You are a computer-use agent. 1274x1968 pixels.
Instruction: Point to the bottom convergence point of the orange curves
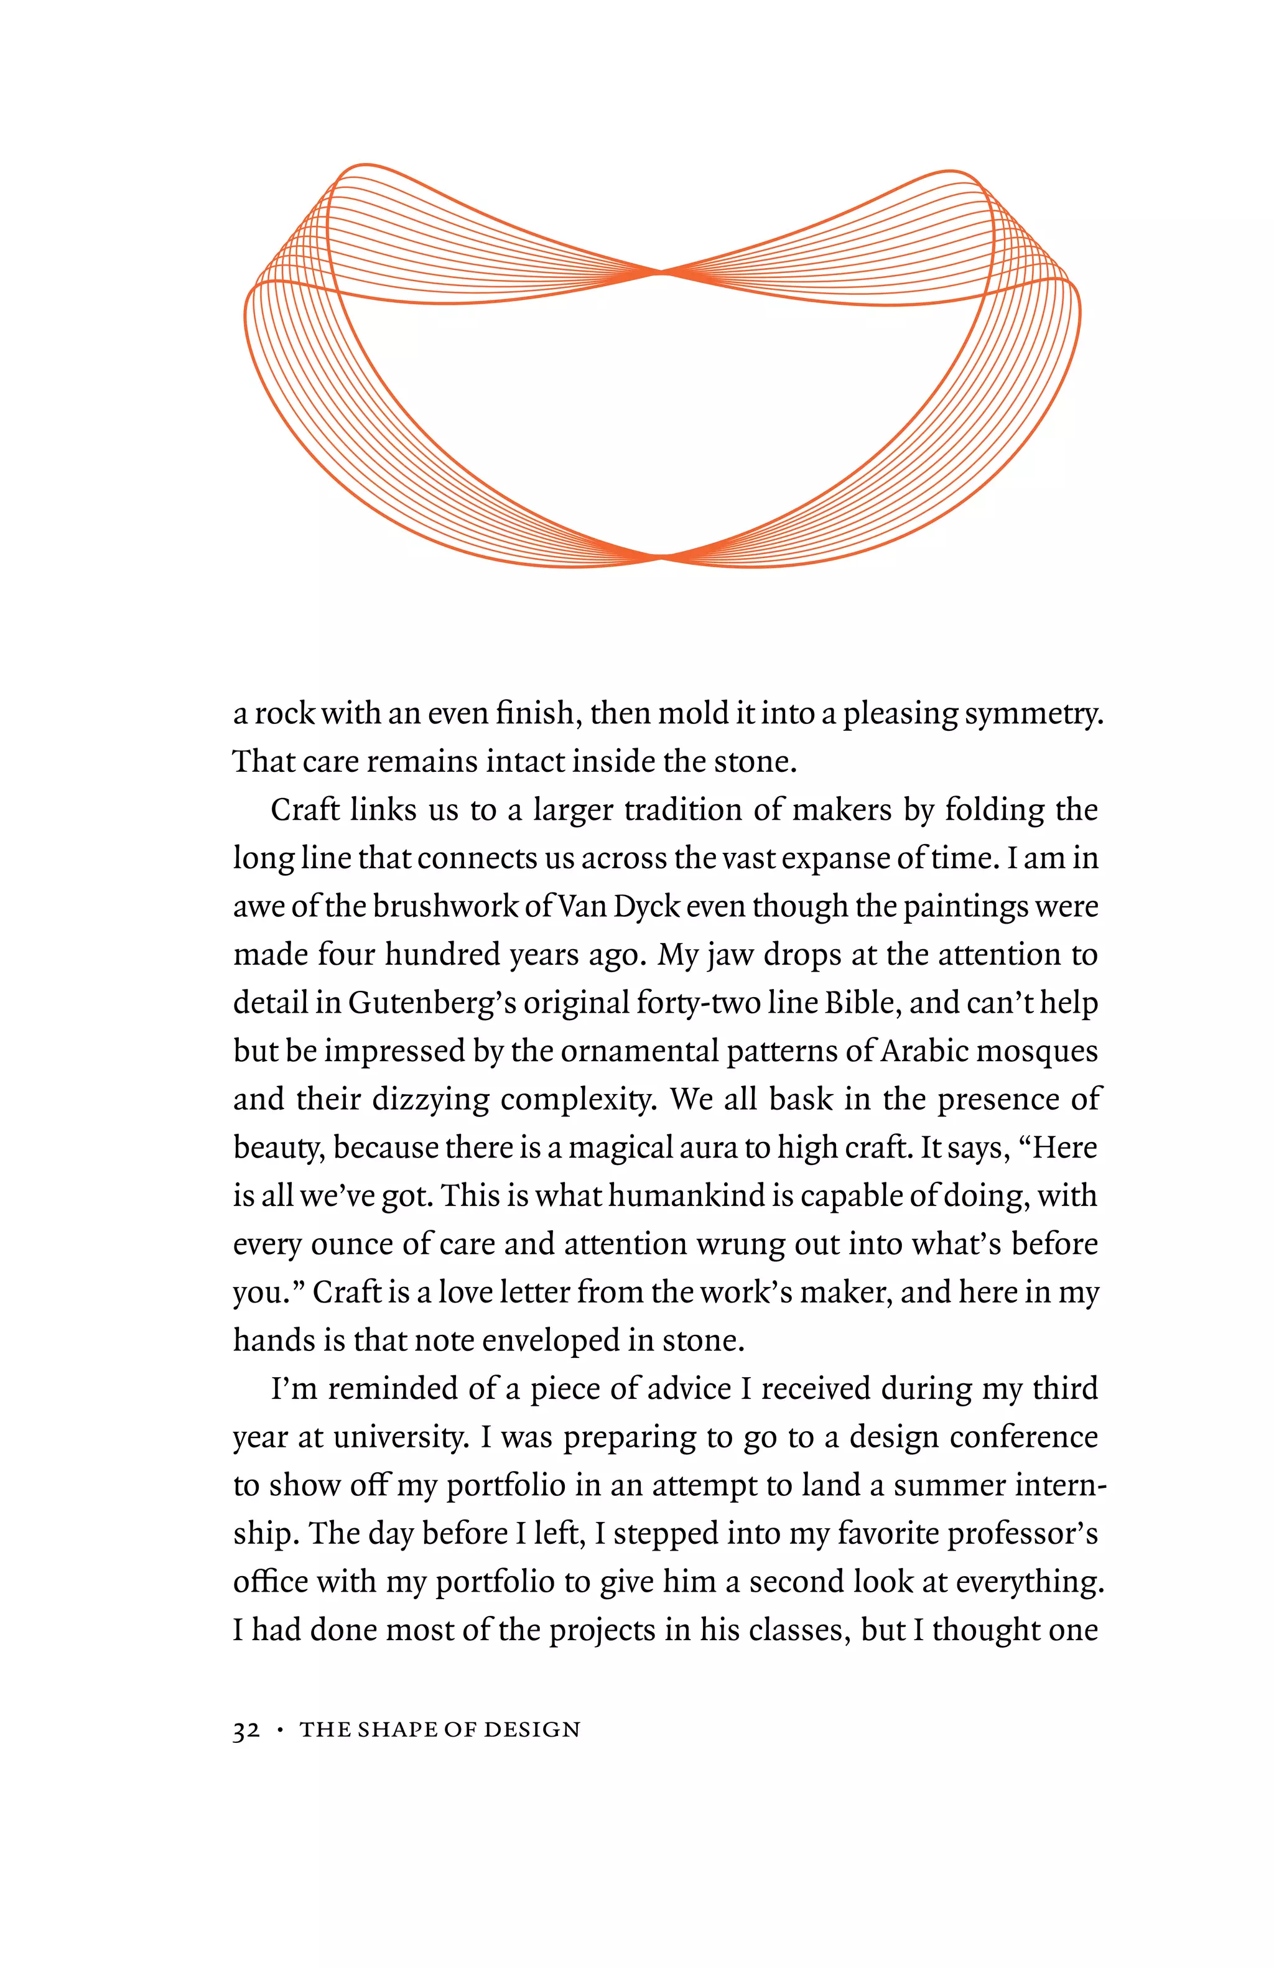(x=661, y=557)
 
